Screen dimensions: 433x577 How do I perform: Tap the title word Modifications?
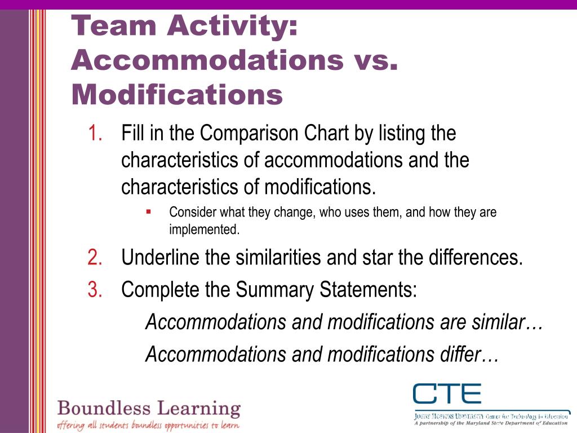pos(177,95)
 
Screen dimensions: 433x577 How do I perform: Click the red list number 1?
pos(95,134)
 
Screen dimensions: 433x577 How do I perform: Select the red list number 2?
pos(95,258)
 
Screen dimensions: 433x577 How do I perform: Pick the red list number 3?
pos(95,290)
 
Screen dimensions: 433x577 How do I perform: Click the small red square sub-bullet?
pos(149,212)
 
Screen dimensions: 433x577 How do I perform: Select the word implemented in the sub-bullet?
pos(204,229)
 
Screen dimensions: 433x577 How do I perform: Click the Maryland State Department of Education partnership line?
pos(490,423)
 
